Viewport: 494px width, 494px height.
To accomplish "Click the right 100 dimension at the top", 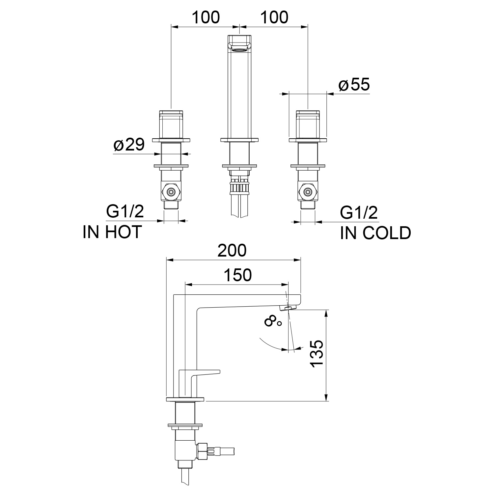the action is click(274, 17).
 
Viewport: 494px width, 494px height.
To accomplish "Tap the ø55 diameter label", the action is click(354, 85).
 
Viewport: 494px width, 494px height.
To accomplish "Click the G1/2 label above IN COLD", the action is click(359, 213).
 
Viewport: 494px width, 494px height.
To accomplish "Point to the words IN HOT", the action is click(112, 232).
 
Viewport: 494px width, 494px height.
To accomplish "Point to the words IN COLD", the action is click(376, 233).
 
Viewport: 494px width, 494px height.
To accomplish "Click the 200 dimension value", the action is click(233, 251).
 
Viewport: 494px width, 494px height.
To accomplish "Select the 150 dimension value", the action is click(238, 275).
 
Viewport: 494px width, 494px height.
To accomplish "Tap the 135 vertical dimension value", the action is click(317, 354).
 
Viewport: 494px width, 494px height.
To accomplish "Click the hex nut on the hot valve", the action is click(171, 192).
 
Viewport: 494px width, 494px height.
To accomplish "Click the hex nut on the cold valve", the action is click(308, 192).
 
